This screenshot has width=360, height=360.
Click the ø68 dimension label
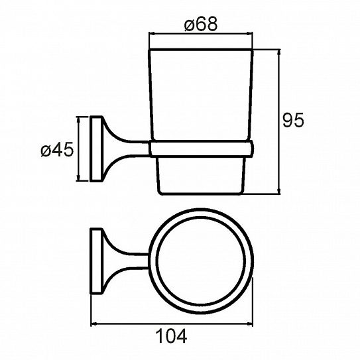click(200, 24)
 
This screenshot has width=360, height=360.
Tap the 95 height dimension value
click(293, 120)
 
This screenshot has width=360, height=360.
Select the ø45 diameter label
click(57, 150)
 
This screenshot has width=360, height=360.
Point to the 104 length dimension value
click(171, 336)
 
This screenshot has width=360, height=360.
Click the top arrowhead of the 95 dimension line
click(279, 52)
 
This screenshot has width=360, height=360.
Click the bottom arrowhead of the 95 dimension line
click(279, 191)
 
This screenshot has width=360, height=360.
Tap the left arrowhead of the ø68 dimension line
click(152, 34)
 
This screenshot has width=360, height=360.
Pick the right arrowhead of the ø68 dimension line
click(249, 34)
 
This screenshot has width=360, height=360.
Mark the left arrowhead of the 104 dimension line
click(94, 324)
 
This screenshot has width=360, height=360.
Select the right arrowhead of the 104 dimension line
click(249, 324)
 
